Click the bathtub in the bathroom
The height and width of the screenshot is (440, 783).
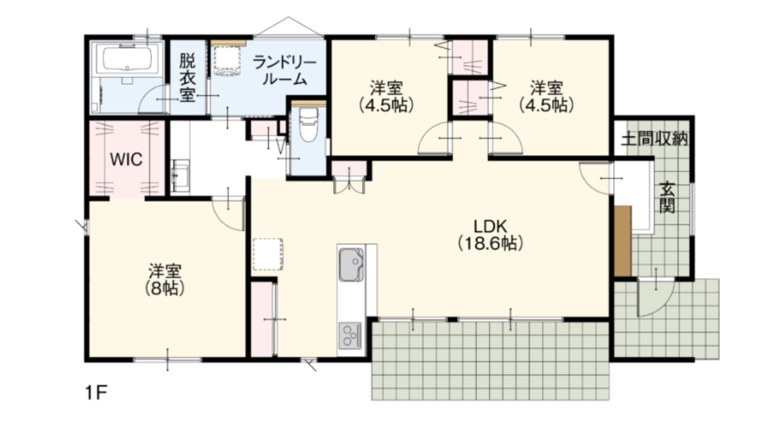(127, 58)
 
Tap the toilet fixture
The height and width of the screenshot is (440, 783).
(309, 125)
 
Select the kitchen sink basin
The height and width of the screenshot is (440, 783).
(351, 265)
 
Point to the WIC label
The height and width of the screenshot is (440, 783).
(127, 159)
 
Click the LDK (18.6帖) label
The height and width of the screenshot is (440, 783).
(491, 235)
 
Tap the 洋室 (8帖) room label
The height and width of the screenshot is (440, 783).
(165, 279)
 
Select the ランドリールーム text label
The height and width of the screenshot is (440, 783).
(284, 71)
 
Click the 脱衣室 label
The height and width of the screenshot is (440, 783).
(188, 78)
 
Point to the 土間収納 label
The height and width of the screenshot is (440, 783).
(655, 139)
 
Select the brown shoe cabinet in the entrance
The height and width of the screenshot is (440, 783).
(623, 241)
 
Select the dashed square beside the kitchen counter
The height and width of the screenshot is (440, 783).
(268, 254)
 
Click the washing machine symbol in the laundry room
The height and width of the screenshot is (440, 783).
(228, 61)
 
